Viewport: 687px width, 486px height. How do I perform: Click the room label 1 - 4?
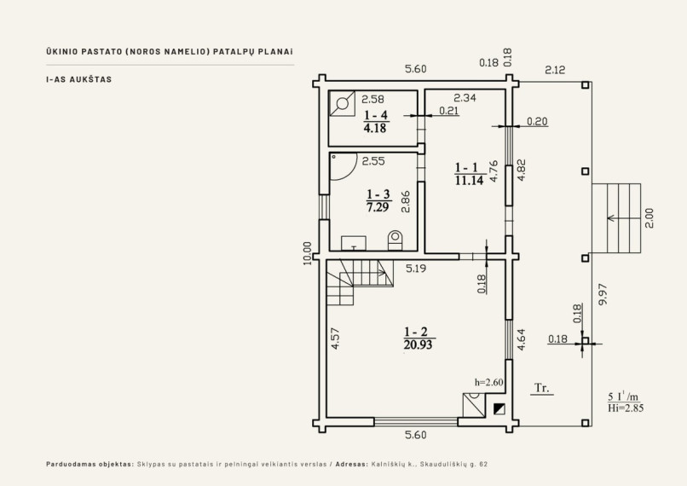tap(376, 115)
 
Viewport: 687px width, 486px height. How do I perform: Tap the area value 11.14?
tap(470, 180)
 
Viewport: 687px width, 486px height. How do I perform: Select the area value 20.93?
tap(418, 344)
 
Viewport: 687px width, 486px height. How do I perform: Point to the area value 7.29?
tap(378, 207)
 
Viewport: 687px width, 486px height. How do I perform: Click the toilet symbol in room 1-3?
tap(395, 240)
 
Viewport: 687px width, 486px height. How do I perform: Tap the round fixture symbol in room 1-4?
tap(342, 104)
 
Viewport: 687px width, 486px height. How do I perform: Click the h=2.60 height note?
tap(489, 382)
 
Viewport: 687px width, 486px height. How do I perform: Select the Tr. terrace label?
tap(542, 388)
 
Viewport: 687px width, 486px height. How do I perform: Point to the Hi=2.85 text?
tap(626, 408)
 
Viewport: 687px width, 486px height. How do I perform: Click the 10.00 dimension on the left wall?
tap(307, 253)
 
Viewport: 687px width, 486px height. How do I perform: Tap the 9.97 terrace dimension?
tap(603, 294)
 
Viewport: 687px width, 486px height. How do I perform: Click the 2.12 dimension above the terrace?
tap(555, 70)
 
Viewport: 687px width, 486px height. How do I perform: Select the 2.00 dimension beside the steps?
tap(649, 217)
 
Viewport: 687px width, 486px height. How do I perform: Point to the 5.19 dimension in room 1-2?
tap(416, 269)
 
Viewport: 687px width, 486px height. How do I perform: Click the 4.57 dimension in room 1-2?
tap(335, 338)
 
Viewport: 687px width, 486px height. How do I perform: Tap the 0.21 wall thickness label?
tap(449, 111)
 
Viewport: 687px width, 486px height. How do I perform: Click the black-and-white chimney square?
tap(499, 409)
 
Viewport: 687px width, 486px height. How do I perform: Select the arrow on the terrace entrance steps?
tap(621, 217)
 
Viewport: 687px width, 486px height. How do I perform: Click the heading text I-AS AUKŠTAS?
tap(79, 79)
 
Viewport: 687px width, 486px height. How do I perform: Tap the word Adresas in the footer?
tap(351, 464)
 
